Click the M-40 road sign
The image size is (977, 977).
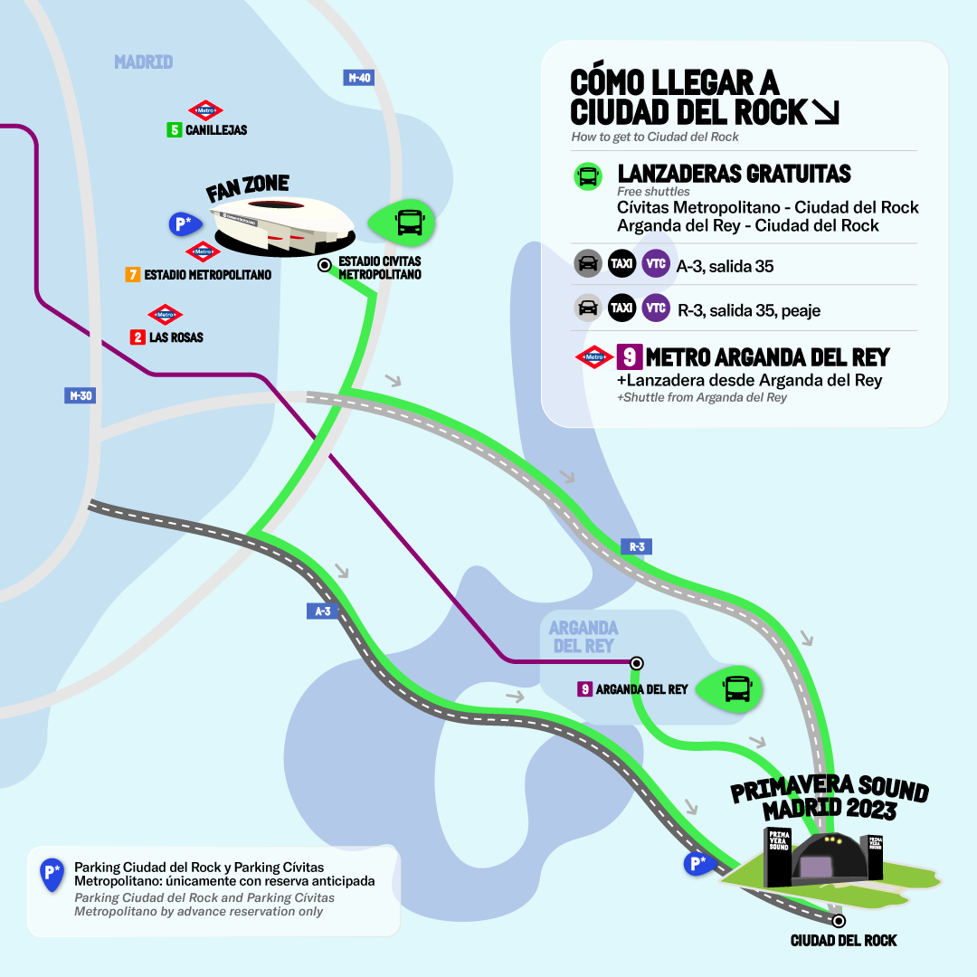359,78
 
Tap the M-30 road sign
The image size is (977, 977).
81,395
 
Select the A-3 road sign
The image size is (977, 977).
321,612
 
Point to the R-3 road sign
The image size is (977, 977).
636,546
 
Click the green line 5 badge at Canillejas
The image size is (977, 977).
175,130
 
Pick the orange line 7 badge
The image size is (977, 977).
132,274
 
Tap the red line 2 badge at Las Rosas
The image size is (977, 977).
138,337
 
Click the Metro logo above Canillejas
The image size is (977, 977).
204,110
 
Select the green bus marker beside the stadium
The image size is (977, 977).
403,221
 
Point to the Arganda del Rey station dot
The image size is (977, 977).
637,662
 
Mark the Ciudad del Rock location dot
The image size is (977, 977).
839,921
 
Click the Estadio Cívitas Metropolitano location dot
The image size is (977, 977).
324,266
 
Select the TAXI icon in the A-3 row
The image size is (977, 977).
621,264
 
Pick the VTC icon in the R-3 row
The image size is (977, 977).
656,308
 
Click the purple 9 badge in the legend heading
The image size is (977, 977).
629,356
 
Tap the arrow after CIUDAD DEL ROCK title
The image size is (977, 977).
826,112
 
